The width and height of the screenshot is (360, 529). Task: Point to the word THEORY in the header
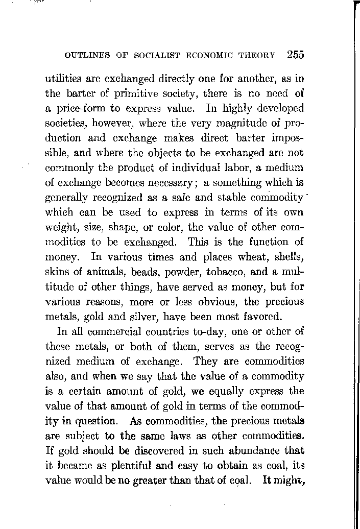(258, 55)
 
